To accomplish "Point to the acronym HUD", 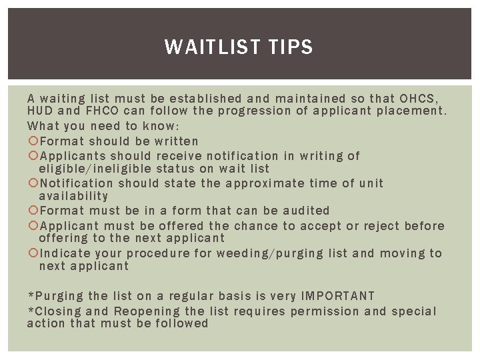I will point(41,111).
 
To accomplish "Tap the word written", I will point(176,141).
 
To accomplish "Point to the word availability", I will point(73,196).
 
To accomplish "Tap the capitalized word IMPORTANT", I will point(338,296).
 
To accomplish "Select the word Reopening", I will point(147,311).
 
